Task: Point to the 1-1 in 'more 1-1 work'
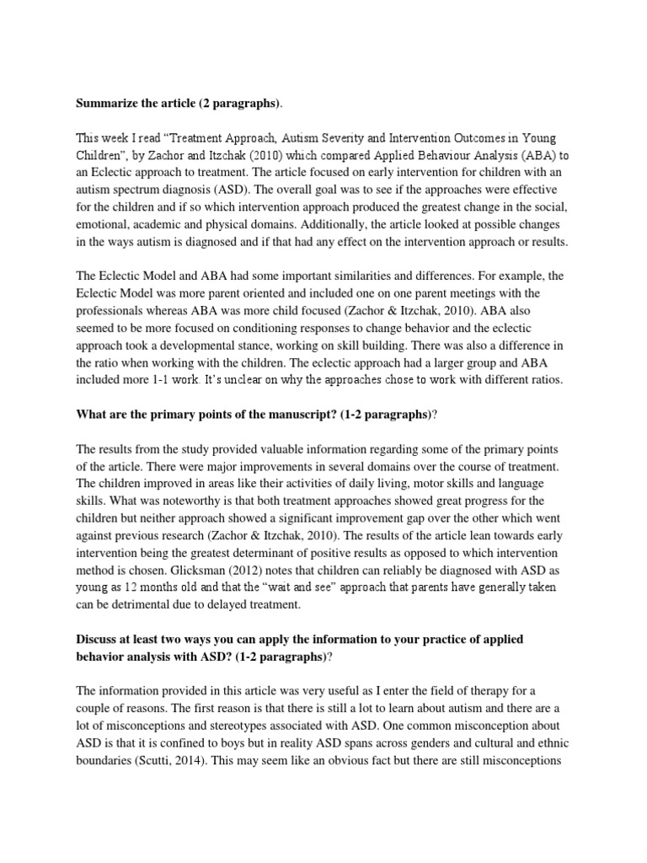pos(188,378)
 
